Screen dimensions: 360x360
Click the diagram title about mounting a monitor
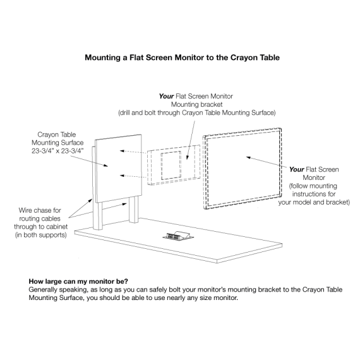tap(182, 57)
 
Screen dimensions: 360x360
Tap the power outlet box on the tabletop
tap(178, 236)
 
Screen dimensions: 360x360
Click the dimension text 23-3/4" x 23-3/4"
tap(57, 151)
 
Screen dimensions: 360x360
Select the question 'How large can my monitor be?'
tap(78, 281)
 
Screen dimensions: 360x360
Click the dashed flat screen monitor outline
tap(204, 172)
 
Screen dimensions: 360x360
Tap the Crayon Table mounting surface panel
tap(119, 168)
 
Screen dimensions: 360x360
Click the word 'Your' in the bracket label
tap(166, 96)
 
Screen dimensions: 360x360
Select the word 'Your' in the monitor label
tap(296, 169)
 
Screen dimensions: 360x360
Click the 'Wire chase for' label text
tap(40, 210)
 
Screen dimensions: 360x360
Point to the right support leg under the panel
tap(134, 209)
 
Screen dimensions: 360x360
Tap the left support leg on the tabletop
tap(97, 216)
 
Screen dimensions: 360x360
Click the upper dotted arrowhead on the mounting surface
tap(122, 151)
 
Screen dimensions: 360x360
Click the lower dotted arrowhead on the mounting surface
tap(122, 176)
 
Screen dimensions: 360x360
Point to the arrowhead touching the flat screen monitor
tap(248, 157)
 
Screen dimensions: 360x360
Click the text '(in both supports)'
tap(41, 235)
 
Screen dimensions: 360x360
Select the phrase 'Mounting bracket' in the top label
tap(197, 104)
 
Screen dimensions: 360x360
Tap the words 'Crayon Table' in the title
tap(255, 57)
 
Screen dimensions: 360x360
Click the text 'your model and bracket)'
tap(314, 202)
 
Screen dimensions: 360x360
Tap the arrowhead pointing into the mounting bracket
tap(188, 157)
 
